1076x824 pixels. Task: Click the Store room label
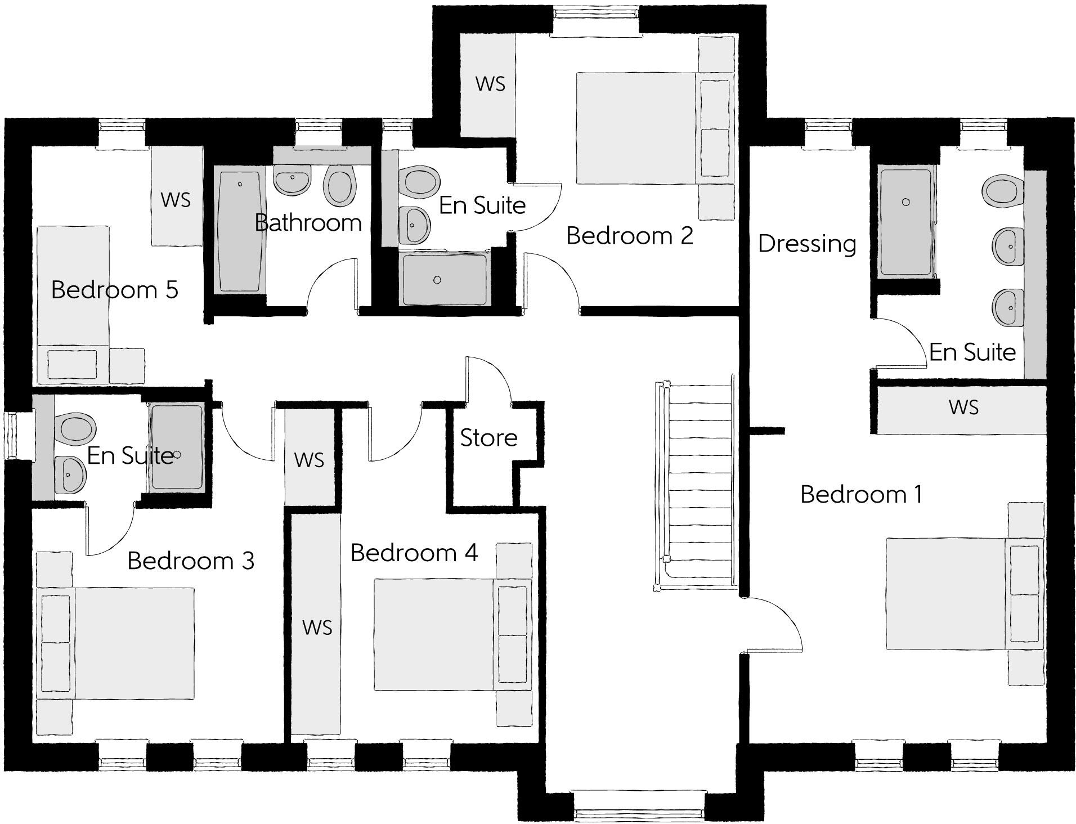click(488, 438)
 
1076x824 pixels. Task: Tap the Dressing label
click(806, 244)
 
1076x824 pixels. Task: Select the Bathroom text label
click(308, 223)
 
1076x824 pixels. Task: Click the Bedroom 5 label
click(114, 290)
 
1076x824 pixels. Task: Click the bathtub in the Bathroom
click(240, 231)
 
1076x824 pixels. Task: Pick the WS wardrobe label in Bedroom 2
click(490, 84)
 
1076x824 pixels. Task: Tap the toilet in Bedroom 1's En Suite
click(1002, 190)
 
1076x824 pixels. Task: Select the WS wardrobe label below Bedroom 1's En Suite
click(963, 407)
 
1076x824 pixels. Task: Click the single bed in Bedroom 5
click(73, 304)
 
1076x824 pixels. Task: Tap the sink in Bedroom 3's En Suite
click(70, 474)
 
